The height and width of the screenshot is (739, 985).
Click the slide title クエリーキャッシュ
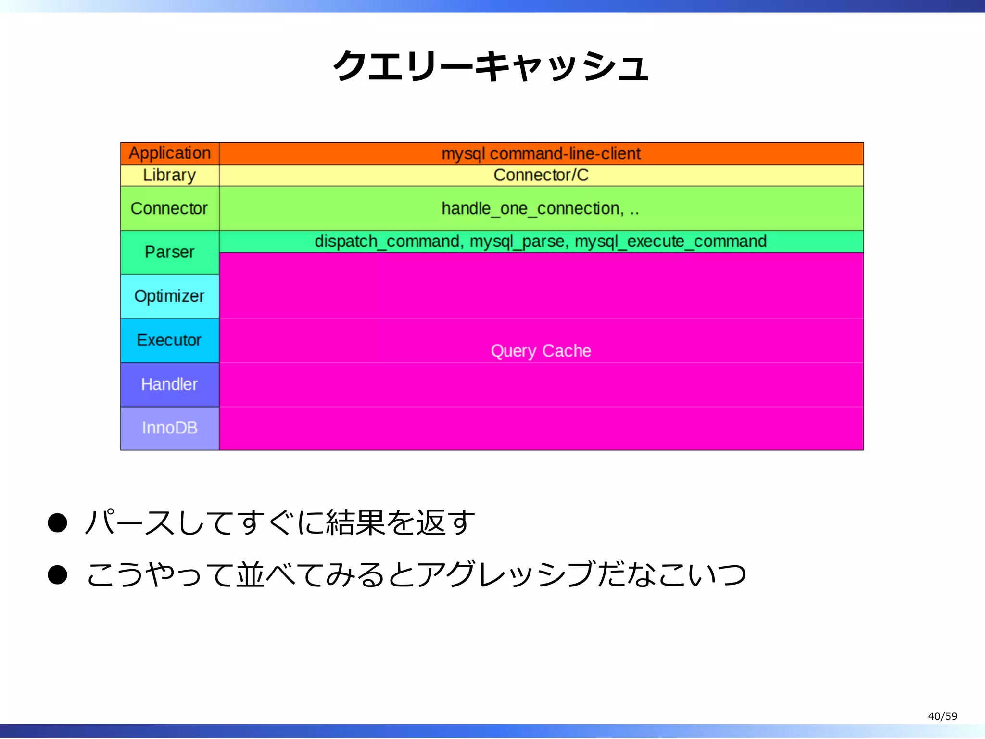click(x=491, y=66)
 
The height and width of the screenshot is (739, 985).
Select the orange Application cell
click(x=170, y=153)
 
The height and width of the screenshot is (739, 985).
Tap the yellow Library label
click(x=170, y=175)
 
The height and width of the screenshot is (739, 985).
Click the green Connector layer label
click(x=170, y=208)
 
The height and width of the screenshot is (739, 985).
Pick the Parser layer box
click(x=170, y=252)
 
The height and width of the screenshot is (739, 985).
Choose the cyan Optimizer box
click(x=170, y=296)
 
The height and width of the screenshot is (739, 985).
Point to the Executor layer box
click(x=170, y=340)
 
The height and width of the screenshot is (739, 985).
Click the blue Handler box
click(x=170, y=384)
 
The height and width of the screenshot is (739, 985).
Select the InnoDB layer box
click(x=170, y=428)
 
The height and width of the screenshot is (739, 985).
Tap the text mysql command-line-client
click(x=541, y=153)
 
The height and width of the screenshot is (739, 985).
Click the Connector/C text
click(x=541, y=175)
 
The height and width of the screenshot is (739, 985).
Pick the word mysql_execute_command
click(x=670, y=242)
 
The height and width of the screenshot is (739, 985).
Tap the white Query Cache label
click(x=541, y=351)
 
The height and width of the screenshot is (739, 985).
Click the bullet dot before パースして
click(x=58, y=523)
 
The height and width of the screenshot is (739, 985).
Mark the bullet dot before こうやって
click(x=58, y=575)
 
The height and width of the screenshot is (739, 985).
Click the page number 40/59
click(x=942, y=716)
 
